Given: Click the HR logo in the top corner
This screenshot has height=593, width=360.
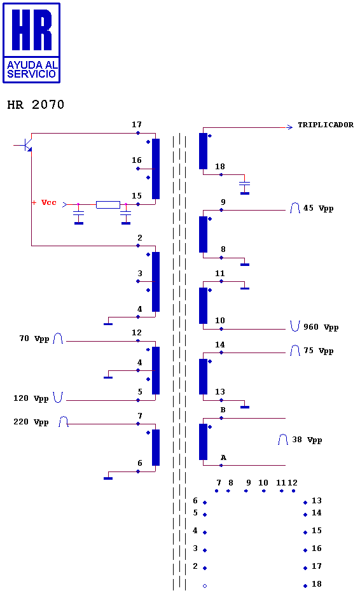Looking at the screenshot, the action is coord(31,43).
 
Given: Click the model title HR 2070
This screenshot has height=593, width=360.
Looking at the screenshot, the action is coord(36,104).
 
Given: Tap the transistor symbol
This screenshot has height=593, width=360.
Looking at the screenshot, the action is coord(25,145).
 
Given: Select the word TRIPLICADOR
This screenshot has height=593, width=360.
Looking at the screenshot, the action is coord(326,125).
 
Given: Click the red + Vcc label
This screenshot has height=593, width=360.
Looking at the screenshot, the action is coord(44,202).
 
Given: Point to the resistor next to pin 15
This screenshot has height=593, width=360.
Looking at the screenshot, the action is coord(108,205).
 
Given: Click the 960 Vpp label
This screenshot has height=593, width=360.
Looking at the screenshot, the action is coord(321,327).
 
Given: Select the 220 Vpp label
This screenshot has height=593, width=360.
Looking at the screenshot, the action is coord(31,422).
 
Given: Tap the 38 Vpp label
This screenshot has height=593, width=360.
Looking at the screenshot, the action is coord(307,440).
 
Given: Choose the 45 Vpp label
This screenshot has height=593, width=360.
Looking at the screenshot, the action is coord(319,209).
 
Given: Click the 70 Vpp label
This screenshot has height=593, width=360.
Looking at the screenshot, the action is coord(34,338).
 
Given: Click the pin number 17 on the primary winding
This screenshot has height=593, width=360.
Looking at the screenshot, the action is coord(137,125).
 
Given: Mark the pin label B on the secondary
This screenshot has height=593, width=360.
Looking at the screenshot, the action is coord(223,410).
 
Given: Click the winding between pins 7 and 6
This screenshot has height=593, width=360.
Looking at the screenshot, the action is coord(156,447).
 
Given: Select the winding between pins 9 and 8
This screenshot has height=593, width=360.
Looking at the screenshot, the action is coord(203,235).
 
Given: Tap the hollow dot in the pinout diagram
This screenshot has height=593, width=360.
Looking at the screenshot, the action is coord(205,586).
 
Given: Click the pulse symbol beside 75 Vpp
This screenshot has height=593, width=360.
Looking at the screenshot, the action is coord(295,351).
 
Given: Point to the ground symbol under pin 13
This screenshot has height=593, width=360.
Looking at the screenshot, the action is coord(245,407).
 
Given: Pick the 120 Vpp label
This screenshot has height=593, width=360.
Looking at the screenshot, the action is coord(31,398).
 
